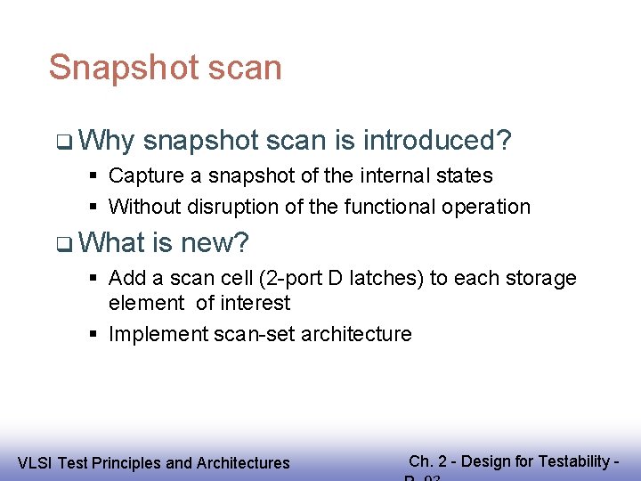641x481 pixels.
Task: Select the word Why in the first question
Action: point(106,141)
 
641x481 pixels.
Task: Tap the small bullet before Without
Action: point(93,208)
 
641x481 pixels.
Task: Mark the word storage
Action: point(543,278)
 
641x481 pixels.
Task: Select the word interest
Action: point(256,303)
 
